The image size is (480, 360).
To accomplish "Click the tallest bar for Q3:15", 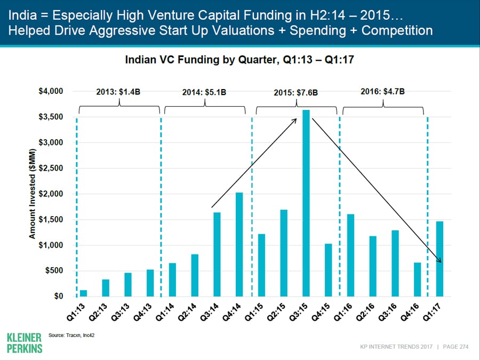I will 306,203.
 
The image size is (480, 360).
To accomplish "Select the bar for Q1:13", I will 83,293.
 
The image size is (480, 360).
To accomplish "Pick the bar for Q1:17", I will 439,259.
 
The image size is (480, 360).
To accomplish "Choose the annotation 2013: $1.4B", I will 118,92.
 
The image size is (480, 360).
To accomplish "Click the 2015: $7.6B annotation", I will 296,92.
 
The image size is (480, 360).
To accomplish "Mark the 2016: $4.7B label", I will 383,91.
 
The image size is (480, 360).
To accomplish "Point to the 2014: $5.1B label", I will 204,92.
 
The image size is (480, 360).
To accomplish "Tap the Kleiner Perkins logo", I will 25,342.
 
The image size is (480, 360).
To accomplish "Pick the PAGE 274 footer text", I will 455,347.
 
